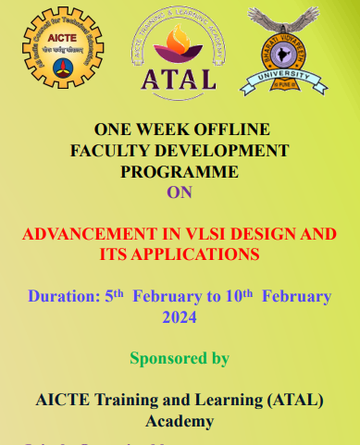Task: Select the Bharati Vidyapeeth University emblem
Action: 285,51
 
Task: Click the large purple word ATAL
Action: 179,79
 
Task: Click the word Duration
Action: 62,297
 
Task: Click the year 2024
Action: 179,317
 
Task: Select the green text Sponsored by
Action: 179,358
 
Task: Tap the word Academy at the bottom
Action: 179,421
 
